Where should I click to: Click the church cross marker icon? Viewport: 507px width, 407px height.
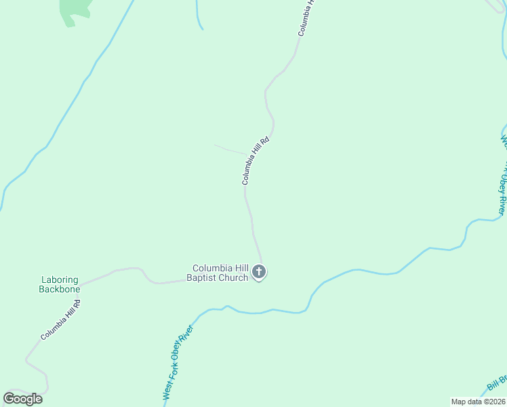coord(258,273)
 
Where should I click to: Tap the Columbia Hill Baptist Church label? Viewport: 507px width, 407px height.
coord(220,273)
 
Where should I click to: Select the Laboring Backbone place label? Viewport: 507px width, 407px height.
coord(60,284)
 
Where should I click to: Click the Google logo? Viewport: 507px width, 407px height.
coord(23,398)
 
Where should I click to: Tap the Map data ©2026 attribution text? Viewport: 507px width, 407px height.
coord(478,402)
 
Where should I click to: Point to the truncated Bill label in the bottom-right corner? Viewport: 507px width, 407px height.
coord(497,384)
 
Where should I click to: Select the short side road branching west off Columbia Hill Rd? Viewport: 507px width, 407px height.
coord(230,149)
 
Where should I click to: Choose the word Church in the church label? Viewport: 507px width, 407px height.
coord(235,277)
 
